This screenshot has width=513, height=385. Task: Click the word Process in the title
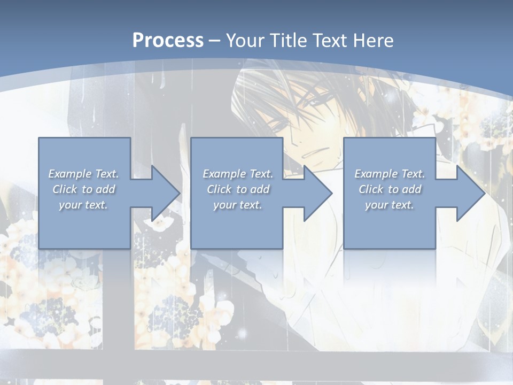(x=168, y=41)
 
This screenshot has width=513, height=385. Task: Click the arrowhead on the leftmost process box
(x=164, y=193)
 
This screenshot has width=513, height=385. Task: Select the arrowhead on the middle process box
(x=316, y=193)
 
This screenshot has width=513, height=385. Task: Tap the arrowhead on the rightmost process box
(x=469, y=193)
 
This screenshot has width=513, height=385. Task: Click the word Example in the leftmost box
(x=69, y=174)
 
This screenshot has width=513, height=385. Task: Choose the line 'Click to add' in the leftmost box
(x=84, y=189)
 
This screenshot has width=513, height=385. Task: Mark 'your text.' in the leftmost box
(x=83, y=205)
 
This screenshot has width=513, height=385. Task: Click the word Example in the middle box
(x=224, y=174)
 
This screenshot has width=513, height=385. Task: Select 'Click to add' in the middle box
(x=238, y=189)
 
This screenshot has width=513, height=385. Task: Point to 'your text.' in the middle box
(x=237, y=205)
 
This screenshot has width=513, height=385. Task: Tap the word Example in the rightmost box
(x=376, y=174)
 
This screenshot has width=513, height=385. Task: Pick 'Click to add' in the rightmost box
(x=390, y=189)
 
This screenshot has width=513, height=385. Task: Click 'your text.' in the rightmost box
(x=389, y=205)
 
